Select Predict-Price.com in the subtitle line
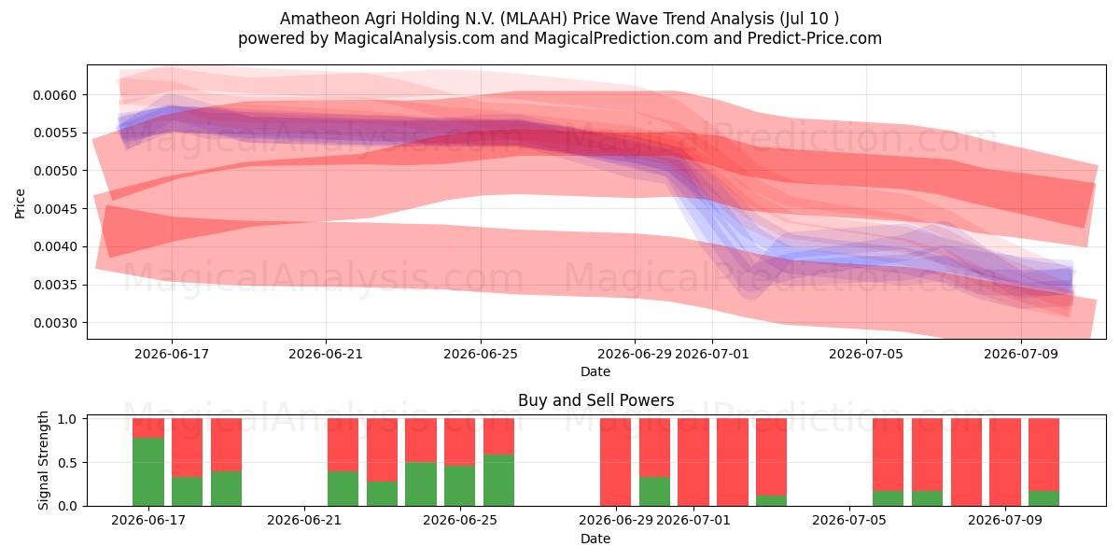pyautogui.click(x=815, y=38)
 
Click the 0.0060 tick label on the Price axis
pyautogui.click(x=54, y=95)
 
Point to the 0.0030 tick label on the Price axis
pyautogui.click(x=54, y=323)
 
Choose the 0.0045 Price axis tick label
pyautogui.click(x=54, y=209)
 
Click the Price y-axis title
pyautogui.click(x=20, y=203)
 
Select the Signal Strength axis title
pyautogui.click(x=43, y=460)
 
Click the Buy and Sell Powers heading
pyautogui.click(x=596, y=400)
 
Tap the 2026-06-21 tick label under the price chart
pyautogui.click(x=326, y=354)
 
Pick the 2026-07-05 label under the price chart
pyautogui.click(x=866, y=354)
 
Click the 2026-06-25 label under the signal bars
pyautogui.click(x=460, y=520)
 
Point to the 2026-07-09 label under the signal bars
pyautogui.click(x=1005, y=520)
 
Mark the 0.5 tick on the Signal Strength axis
pyautogui.click(x=67, y=463)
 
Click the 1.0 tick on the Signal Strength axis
pyautogui.click(x=67, y=419)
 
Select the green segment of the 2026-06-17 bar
pyautogui.click(x=148, y=471)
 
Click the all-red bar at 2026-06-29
pyautogui.click(x=615, y=462)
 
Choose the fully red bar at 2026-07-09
pyautogui.click(x=1005, y=462)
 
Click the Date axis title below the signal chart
pyautogui.click(x=595, y=539)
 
